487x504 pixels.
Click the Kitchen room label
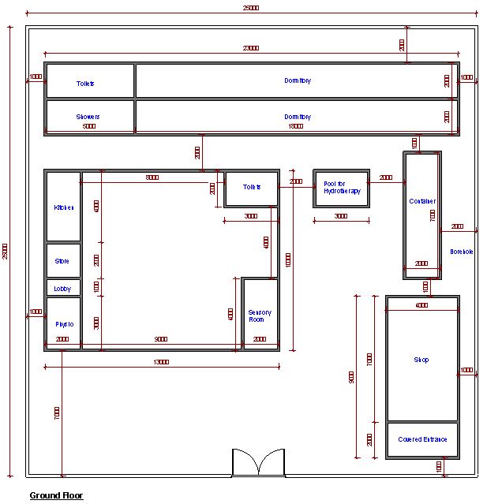point(63,207)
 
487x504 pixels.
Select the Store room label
point(62,261)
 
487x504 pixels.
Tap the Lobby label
point(62,289)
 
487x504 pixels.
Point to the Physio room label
point(64,324)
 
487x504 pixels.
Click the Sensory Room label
point(260,316)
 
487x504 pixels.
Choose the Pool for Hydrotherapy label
point(341,188)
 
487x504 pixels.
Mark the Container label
point(422,201)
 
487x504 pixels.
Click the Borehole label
point(462,252)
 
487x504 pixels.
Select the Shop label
point(421,360)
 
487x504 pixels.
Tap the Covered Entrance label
point(422,439)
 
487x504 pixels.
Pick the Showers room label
point(88,117)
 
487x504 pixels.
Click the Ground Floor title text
point(56,496)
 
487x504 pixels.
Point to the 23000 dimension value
point(250,48)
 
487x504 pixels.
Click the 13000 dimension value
point(161,362)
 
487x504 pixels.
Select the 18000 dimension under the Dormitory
point(295,125)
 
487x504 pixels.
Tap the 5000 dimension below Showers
point(88,125)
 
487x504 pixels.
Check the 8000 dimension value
point(152,178)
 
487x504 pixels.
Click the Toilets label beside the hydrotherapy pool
point(252,187)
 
